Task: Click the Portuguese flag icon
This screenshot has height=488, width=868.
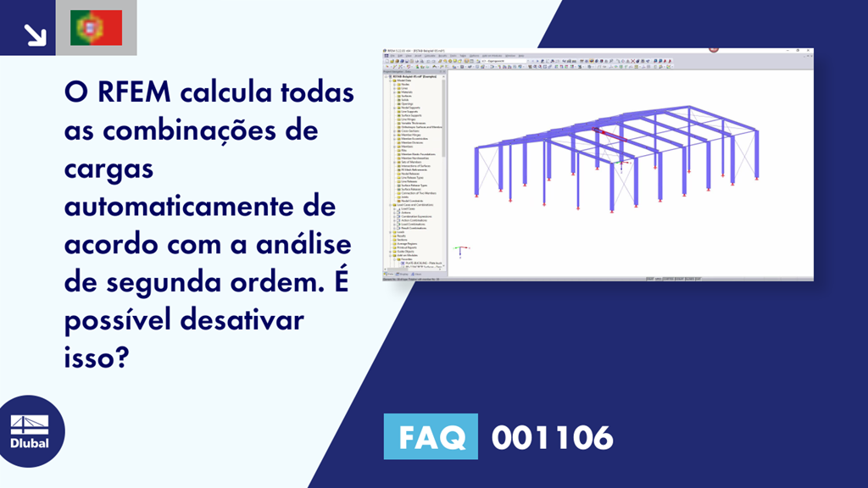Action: click(x=96, y=28)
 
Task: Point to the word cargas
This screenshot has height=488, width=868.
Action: click(x=108, y=169)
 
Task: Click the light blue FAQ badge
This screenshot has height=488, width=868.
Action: click(x=431, y=437)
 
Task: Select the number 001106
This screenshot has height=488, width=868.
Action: click(x=552, y=437)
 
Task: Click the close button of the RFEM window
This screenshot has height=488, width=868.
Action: click(x=809, y=51)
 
